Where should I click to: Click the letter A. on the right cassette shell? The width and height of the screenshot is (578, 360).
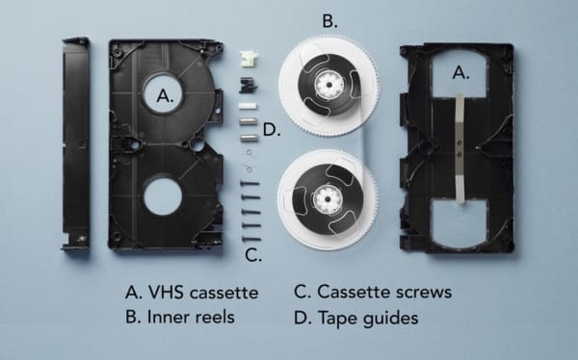[461, 71]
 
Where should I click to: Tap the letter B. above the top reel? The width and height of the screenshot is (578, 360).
[330, 20]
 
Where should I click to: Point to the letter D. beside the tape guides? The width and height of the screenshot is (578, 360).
[271, 130]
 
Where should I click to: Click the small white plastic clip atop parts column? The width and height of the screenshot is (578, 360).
[248, 61]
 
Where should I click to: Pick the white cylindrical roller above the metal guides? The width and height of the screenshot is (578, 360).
[248, 104]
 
